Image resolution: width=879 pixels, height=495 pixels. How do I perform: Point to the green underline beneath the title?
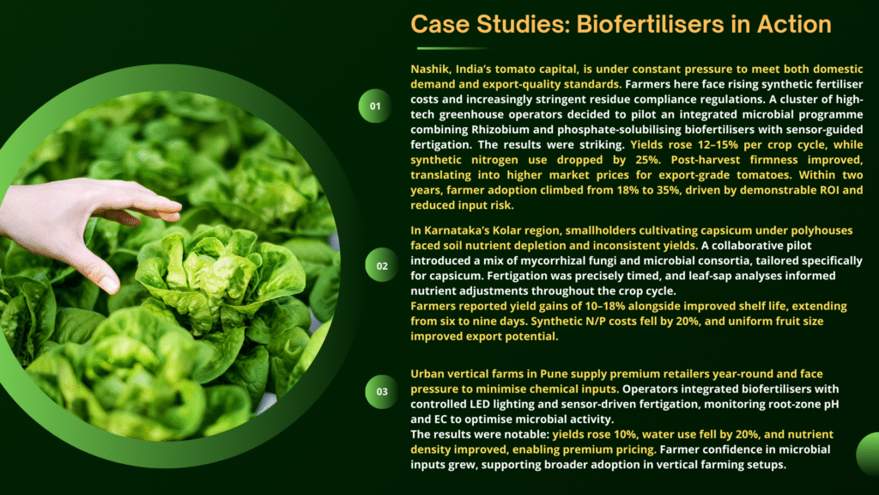(452, 48)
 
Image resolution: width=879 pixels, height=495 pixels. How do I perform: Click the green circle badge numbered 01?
(375, 106)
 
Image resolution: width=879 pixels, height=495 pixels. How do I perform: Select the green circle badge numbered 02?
(382, 265)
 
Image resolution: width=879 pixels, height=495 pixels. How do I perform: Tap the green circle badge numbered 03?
(382, 391)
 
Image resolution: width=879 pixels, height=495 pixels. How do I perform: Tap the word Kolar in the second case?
(506, 230)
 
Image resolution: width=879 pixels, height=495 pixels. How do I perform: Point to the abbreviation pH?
(831, 405)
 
